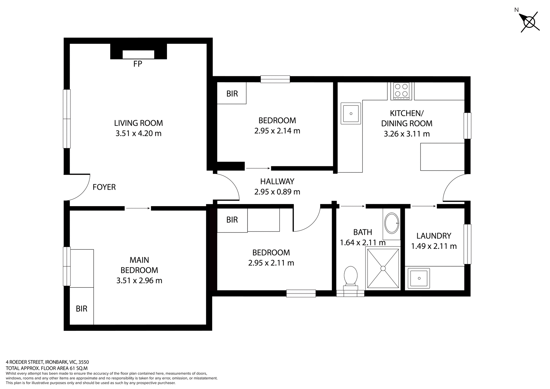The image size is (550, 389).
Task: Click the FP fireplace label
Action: [x=137, y=64]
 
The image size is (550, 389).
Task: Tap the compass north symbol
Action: [x=529, y=22]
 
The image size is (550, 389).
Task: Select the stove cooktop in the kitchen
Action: [x=401, y=91]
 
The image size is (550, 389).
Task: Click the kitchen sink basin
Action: [x=351, y=114]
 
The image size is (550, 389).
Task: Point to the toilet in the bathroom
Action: [x=351, y=276]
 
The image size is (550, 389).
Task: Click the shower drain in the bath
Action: [x=383, y=268]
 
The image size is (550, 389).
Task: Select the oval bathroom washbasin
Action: [x=392, y=223]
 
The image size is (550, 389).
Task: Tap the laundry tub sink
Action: [x=419, y=278]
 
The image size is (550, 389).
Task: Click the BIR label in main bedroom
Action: [x=81, y=309]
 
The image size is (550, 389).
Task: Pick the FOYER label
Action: [x=104, y=187]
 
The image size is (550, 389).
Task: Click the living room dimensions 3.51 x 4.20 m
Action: [x=138, y=133]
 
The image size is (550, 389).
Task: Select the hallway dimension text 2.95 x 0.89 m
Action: [x=277, y=192]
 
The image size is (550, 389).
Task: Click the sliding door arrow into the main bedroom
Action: [x=138, y=208]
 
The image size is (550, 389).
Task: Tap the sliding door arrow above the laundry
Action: [x=424, y=206]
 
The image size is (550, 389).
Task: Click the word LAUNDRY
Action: [x=434, y=236]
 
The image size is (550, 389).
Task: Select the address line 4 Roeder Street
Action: [x=47, y=362]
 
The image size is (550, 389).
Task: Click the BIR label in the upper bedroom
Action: [x=232, y=94]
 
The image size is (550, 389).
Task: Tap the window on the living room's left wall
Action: [x=66, y=119]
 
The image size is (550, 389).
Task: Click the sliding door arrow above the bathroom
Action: [x=353, y=206]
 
